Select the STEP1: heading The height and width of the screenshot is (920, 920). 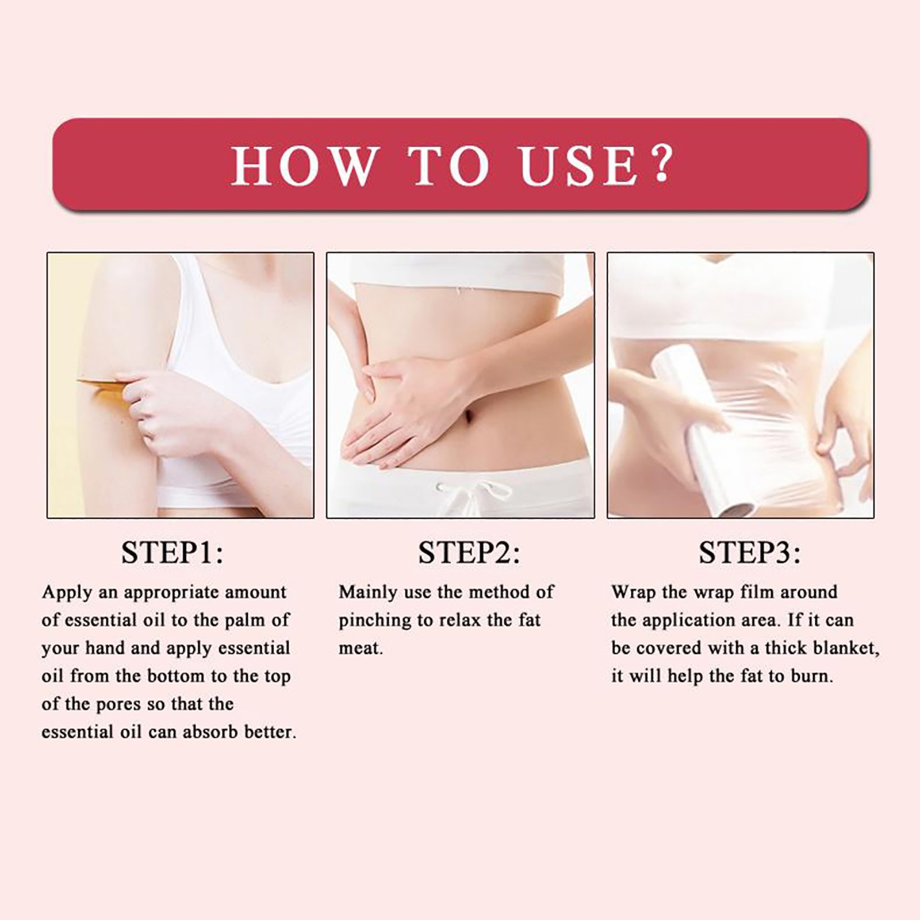(x=172, y=553)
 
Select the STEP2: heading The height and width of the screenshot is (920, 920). (x=469, y=553)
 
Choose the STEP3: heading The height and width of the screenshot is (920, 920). (x=749, y=553)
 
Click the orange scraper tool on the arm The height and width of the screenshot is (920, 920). (x=103, y=386)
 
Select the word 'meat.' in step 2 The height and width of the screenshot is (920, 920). (x=361, y=649)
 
